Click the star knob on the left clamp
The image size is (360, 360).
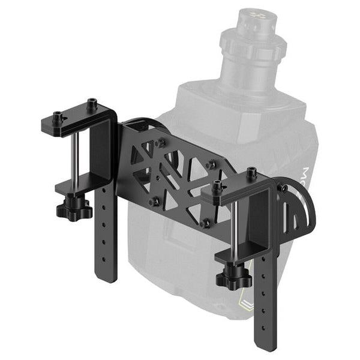tap(74, 210)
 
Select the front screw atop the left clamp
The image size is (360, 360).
tap(58, 116)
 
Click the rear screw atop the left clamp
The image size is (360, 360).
tap(92, 104)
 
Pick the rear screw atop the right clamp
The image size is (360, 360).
tap(251, 172)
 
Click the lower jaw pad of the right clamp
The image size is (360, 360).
tap(231, 255)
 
